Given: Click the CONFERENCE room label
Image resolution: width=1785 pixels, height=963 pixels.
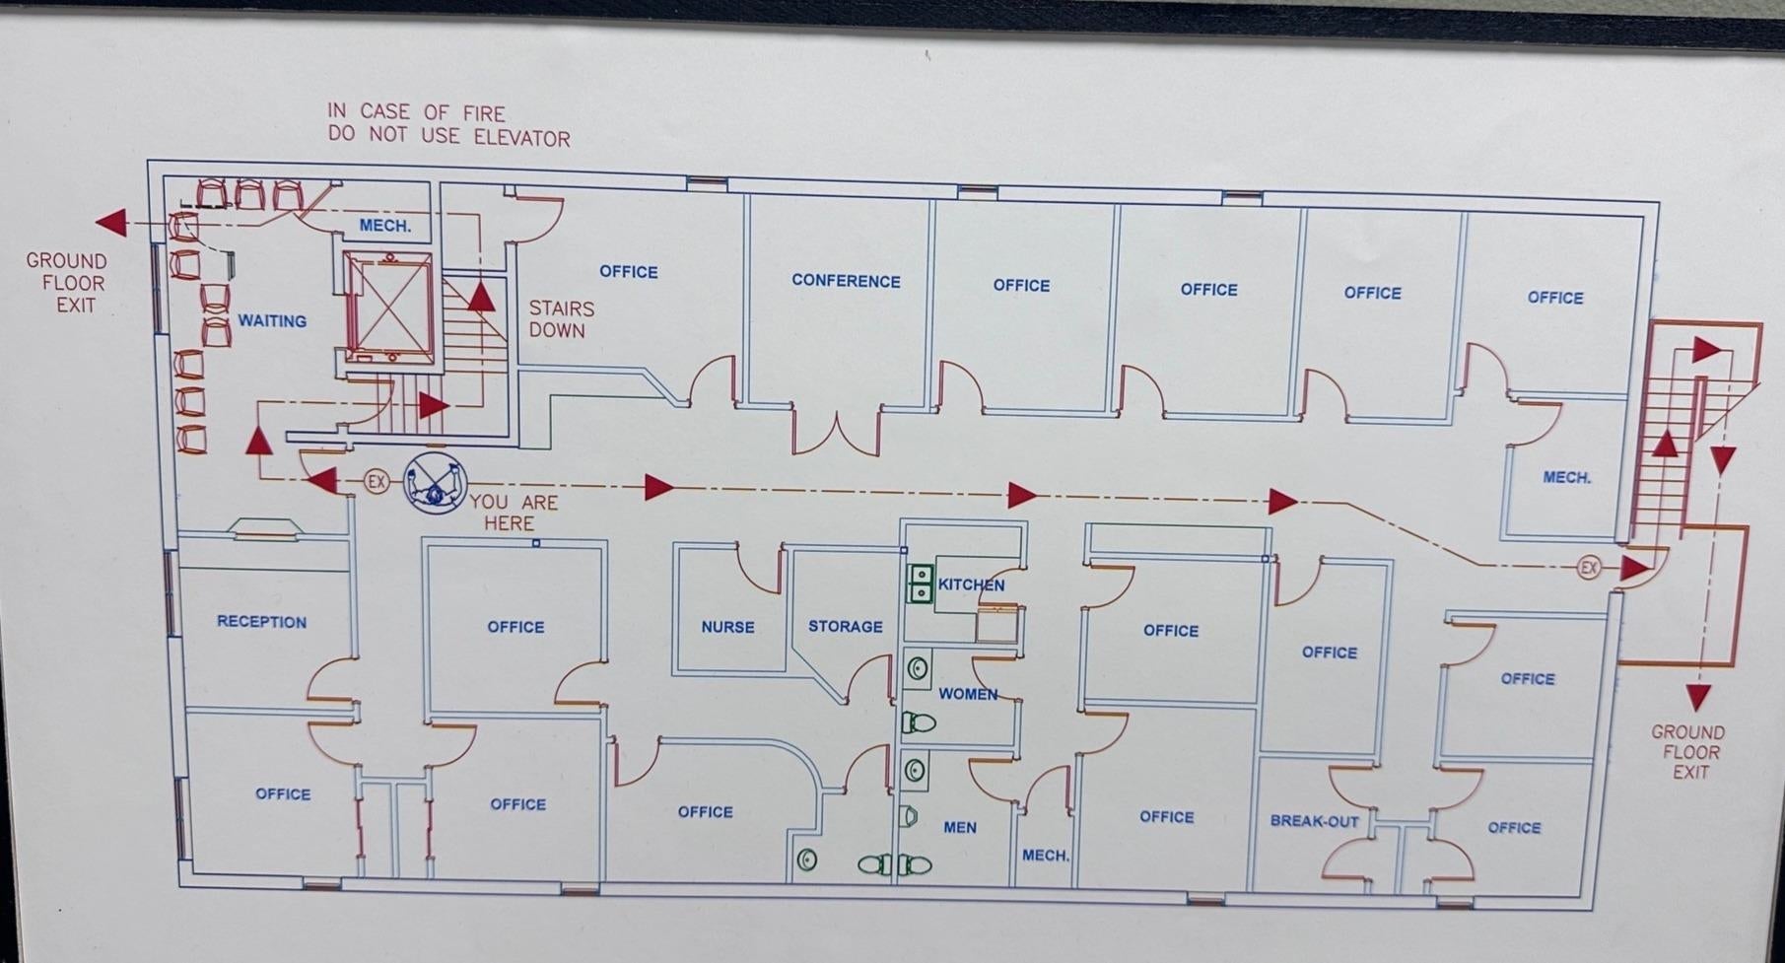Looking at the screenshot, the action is click(846, 281).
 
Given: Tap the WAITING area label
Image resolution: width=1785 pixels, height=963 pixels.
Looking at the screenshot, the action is click(272, 321).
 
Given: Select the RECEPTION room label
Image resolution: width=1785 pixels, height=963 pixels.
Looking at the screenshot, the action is click(261, 622).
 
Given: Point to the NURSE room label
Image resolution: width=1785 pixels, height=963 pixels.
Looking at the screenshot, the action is click(727, 627).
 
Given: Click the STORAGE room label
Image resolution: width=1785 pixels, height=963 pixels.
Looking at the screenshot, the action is click(845, 627).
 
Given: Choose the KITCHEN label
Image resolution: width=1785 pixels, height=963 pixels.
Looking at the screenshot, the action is click(971, 585).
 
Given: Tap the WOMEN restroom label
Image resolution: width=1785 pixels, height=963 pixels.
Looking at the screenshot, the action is click(968, 694).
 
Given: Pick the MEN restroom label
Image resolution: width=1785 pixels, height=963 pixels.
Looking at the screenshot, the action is click(959, 827).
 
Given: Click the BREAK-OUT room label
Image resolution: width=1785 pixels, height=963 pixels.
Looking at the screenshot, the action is click(1314, 821).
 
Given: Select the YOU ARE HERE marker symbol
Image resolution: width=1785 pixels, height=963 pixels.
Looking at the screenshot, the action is click(435, 483).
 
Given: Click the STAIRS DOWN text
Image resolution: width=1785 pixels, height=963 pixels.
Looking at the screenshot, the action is click(561, 319).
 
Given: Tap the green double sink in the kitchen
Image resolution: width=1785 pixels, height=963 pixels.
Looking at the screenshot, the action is click(921, 583).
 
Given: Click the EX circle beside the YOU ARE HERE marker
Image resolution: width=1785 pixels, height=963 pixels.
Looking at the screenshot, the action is click(376, 481).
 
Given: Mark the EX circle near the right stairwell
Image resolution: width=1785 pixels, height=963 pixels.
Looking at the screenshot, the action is click(1588, 568).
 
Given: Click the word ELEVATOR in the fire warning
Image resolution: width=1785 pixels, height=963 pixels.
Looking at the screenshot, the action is click(521, 138).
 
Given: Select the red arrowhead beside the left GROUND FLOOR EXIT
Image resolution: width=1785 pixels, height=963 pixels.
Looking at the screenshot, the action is click(111, 223).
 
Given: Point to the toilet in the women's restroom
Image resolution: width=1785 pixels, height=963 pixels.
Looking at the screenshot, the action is click(919, 723).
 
